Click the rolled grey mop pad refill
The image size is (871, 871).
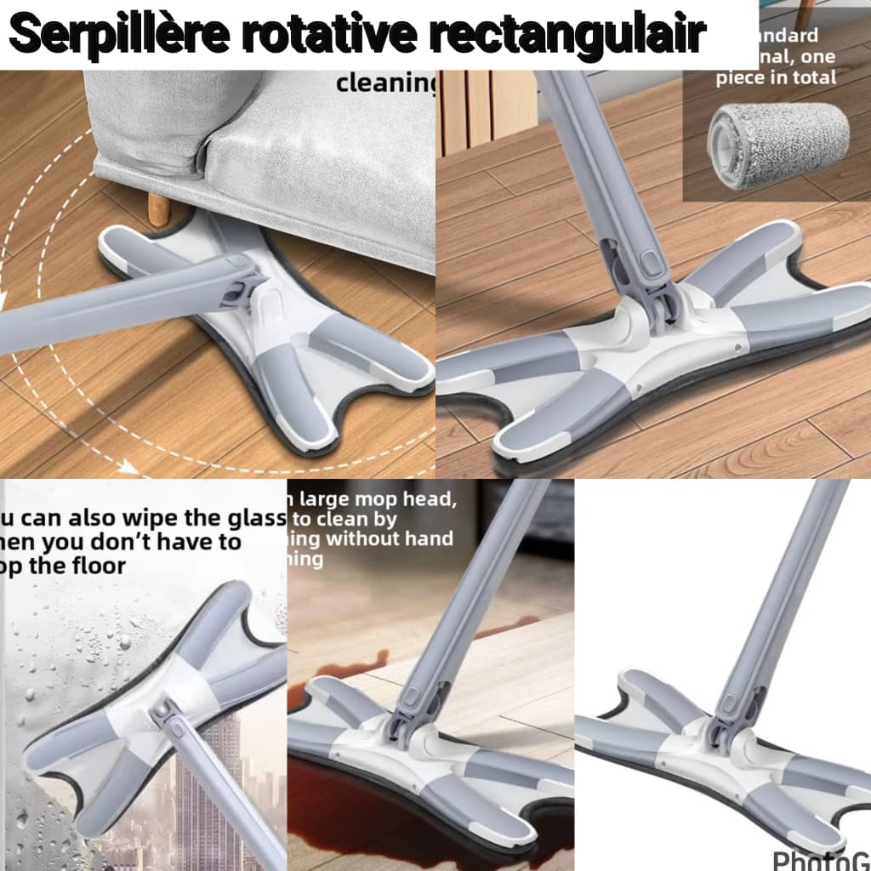[x=778, y=135]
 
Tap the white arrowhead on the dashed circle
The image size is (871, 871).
[x=128, y=467]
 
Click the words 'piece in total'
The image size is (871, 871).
[x=776, y=77]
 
